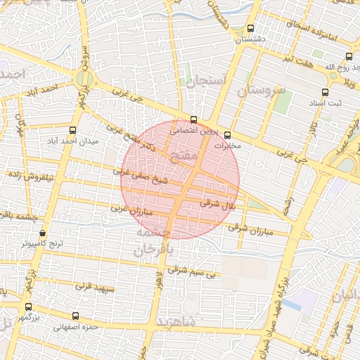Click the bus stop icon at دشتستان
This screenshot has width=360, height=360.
251,28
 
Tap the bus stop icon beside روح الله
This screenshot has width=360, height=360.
349,56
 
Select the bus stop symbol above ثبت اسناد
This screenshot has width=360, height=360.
324,92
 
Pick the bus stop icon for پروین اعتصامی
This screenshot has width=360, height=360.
194,120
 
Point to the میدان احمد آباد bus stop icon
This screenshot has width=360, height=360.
73,130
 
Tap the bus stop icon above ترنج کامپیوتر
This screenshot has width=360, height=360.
42,233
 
